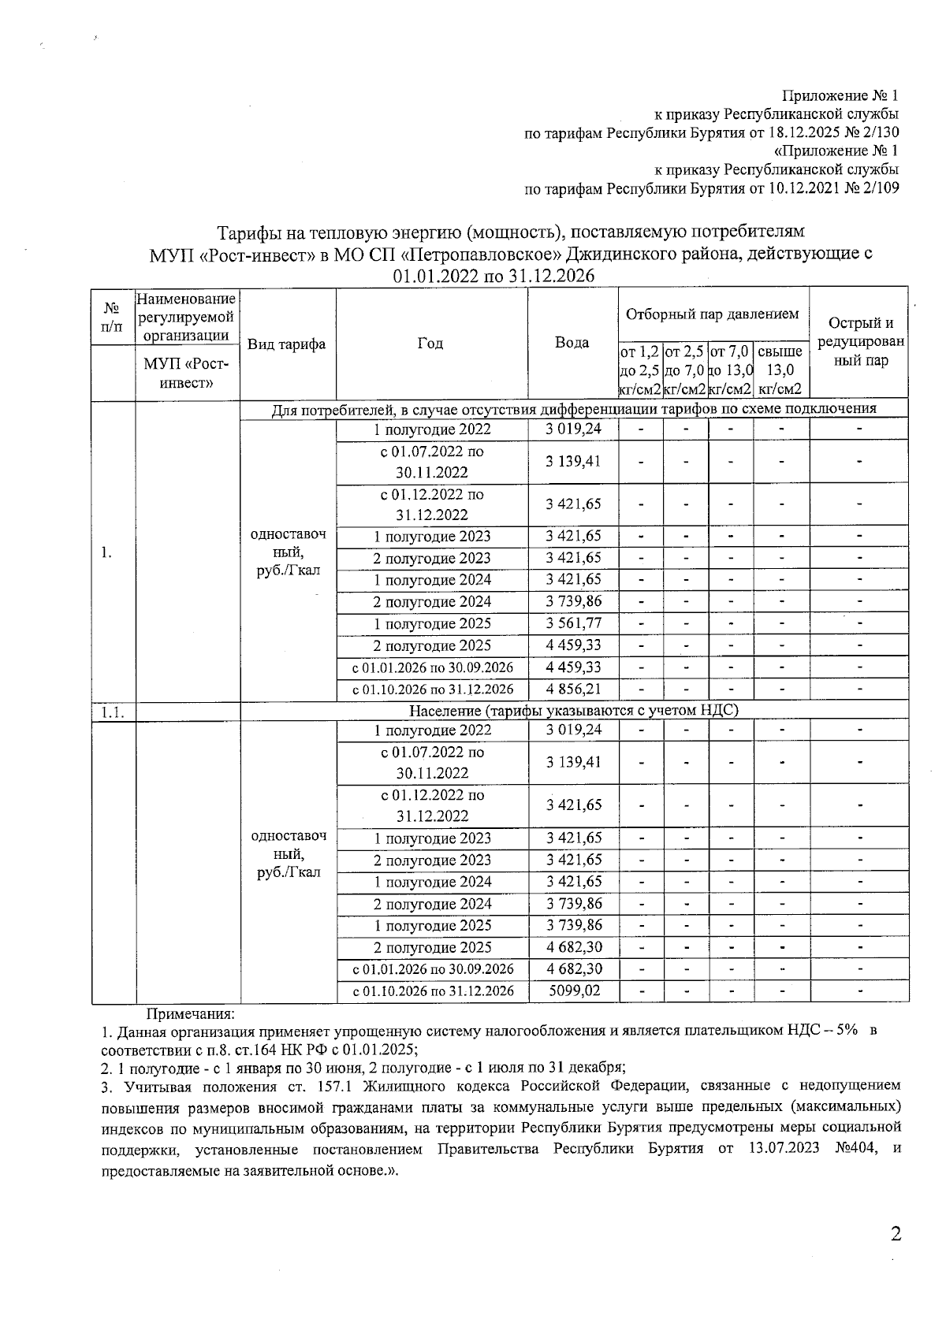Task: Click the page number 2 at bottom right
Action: click(895, 1234)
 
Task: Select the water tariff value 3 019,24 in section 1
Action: click(573, 429)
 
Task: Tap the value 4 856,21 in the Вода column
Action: click(573, 689)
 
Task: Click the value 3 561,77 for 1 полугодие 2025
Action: click(573, 623)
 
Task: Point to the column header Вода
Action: click(572, 343)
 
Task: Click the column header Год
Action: click(430, 343)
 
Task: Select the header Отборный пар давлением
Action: click(713, 314)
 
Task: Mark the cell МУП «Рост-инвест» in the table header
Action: click(187, 374)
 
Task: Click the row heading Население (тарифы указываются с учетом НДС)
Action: click(574, 711)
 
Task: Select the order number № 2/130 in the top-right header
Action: click(870, 132)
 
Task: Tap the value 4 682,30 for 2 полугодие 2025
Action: click(573, 947)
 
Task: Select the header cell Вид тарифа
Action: click(287, 344)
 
